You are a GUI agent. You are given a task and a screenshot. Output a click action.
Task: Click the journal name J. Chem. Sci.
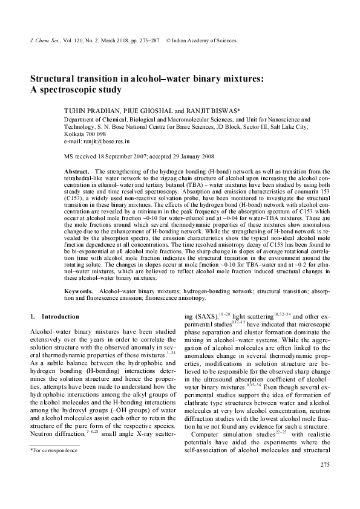42,41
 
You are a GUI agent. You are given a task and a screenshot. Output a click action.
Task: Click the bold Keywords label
79,291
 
